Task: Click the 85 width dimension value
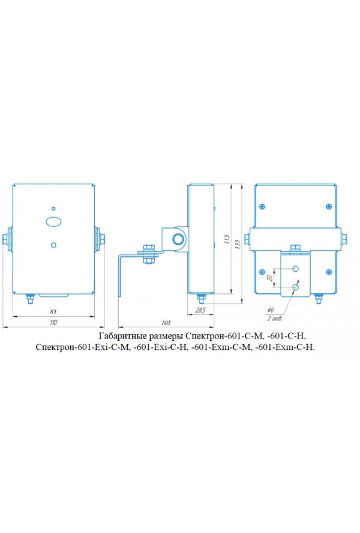coord(53,312)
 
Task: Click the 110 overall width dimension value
coord(53,322)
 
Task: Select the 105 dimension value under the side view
coord(166,322)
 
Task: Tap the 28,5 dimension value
coord(201,310)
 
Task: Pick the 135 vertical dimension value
coord(238,245)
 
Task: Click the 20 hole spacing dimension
coord(270,278)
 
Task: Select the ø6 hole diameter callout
coord(271,310)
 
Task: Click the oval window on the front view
coord(54,221)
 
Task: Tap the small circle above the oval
coord(53,208)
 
